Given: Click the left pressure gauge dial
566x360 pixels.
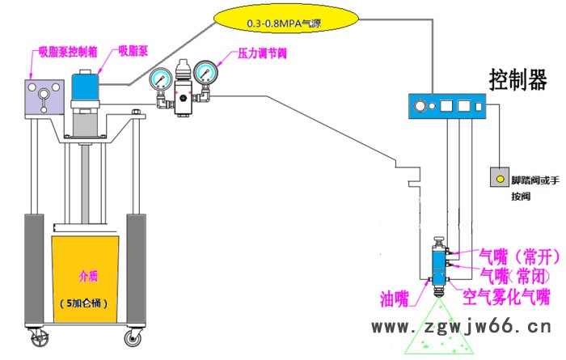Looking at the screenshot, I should [x=159, y=78].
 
